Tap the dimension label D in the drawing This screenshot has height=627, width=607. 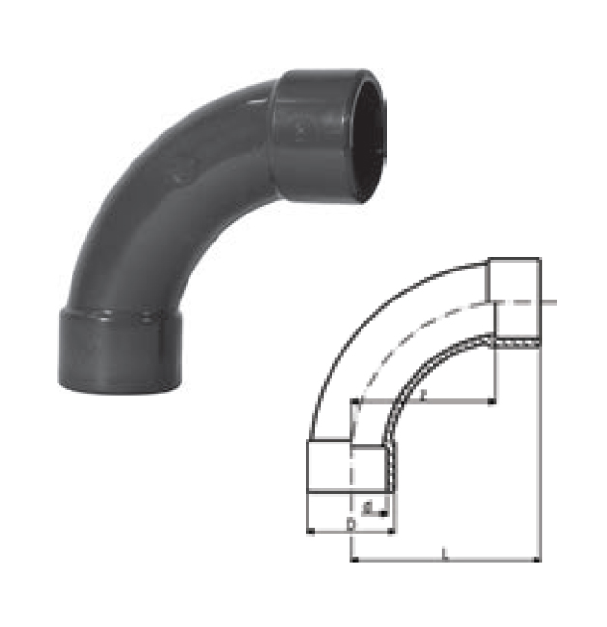tap(349, 523)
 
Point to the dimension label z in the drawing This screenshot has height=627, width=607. tap(426, 393)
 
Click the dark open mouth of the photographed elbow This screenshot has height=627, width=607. tap(373, 136)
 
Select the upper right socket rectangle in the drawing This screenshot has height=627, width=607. tap(514, 280)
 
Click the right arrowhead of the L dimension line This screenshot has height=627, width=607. tap(536, 559)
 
